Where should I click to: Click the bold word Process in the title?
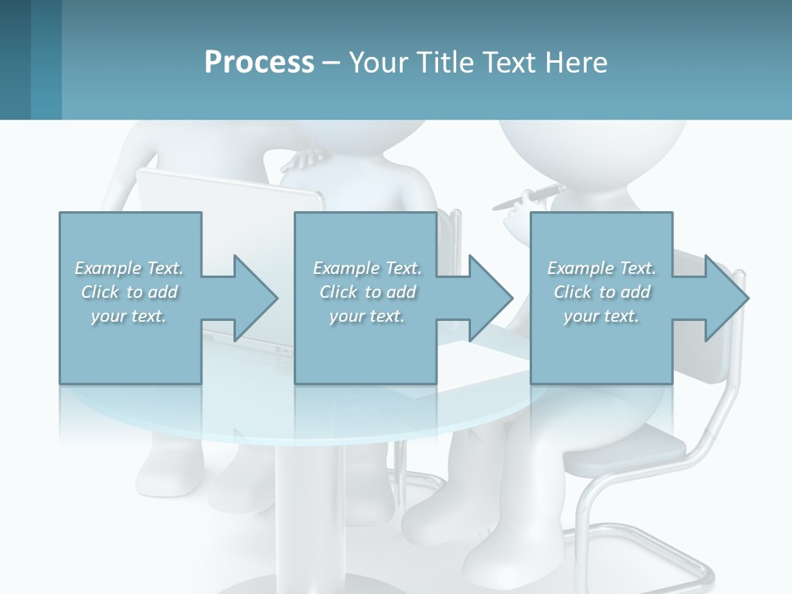tap(259, 63)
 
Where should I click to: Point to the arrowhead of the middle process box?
tap(491, 298)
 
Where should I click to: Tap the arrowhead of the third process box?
tap(726, 298)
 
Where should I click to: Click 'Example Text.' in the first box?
tap(129, 268)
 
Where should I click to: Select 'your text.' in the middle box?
tap(367, 316)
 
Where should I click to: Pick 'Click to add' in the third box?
tap(601, 292)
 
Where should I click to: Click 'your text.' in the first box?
tap(129, 316)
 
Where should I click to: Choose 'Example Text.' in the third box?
tap(601, 268)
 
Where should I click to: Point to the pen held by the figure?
tap(528, 196)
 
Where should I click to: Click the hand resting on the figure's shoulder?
tap(309, 155)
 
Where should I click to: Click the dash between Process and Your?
tap(332, 63)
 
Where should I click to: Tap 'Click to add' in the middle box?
tap(367, 292)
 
